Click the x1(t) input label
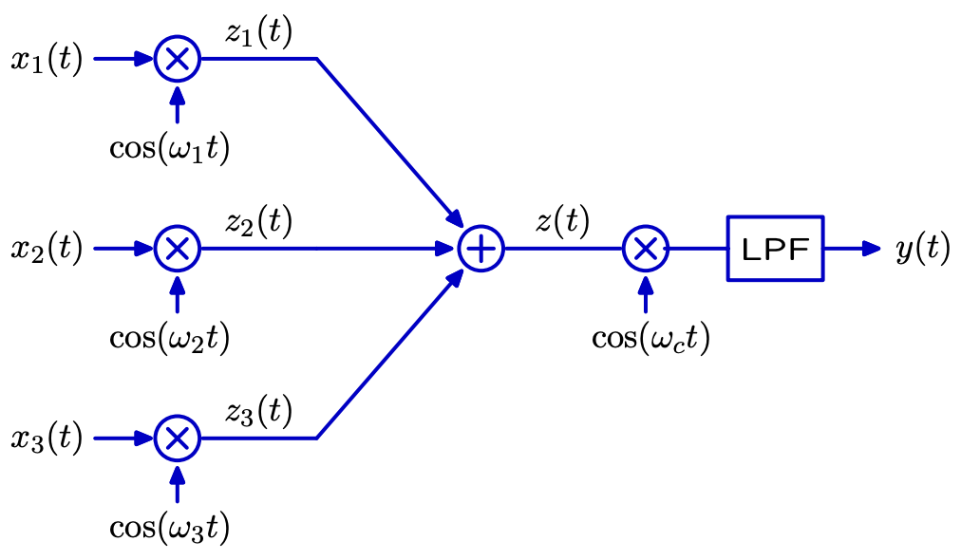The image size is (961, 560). pos(47,60)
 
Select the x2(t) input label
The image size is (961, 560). pos(47,250)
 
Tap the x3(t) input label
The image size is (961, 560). pos(47,439)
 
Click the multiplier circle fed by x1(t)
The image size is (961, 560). pos(178,37)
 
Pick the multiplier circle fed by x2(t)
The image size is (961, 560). pos(178,226)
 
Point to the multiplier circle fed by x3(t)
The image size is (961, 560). pos(178,416)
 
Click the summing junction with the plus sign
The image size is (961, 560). pos(481,226)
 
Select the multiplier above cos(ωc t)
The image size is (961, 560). pos(646,226)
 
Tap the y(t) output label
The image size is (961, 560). pos(923,249)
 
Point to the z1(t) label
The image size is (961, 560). pos(258,32)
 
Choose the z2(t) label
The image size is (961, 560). pos(258,221)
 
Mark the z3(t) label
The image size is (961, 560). pos(258,411)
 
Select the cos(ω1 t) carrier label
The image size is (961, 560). pos(170,148)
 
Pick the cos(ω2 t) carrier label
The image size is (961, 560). pos(170,338)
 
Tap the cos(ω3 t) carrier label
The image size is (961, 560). pos(170,528)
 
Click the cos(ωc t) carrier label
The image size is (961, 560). pos(650,338)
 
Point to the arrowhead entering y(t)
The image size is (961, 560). pos(872,249)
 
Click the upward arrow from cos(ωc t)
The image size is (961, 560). pos(646,294)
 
